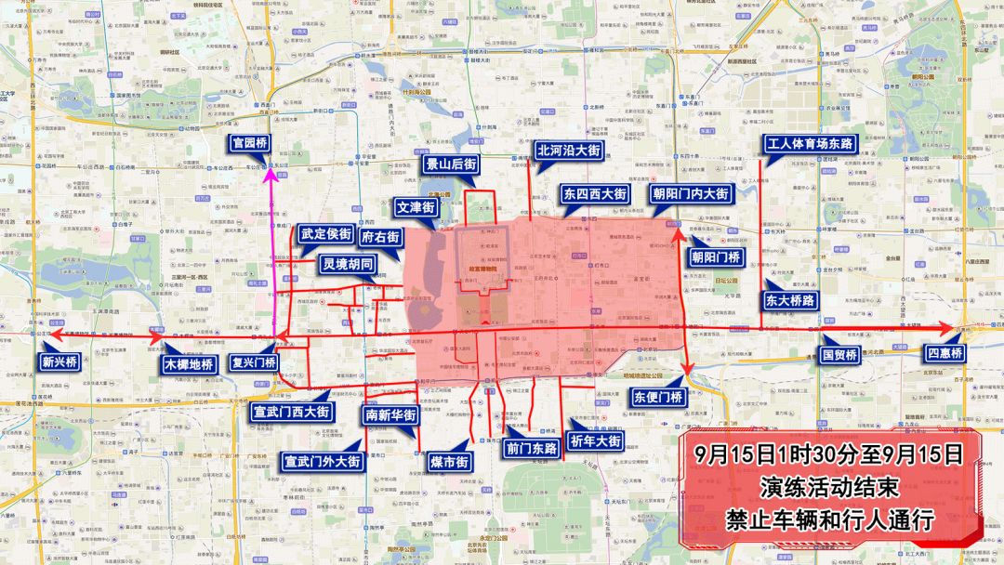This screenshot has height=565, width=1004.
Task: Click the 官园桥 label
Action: [x=250, y=143]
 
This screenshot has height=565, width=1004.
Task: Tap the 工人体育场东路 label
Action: [x=809, y=143]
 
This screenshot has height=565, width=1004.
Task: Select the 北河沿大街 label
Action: [x=568, y=150]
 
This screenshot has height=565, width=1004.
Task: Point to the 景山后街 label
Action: [x=452, y=164]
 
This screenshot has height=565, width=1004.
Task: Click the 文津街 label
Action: [x=416, y=207]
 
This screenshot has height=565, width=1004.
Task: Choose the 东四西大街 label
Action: [x=595, y=194]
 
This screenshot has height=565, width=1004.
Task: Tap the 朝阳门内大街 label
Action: [x=690, y=194]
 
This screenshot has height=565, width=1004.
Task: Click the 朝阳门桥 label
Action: [x=716, y=256]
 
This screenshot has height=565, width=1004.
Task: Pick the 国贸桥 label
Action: [x=840, y=354]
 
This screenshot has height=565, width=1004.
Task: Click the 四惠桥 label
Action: [x=945, y=353]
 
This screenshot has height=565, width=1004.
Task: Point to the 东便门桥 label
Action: [x=658, y=397]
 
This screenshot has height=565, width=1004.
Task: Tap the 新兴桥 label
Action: [x=59, y=361]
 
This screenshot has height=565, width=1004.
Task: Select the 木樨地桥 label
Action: [x=189, y=363]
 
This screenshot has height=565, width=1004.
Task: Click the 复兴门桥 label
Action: [x=253, y=362]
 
